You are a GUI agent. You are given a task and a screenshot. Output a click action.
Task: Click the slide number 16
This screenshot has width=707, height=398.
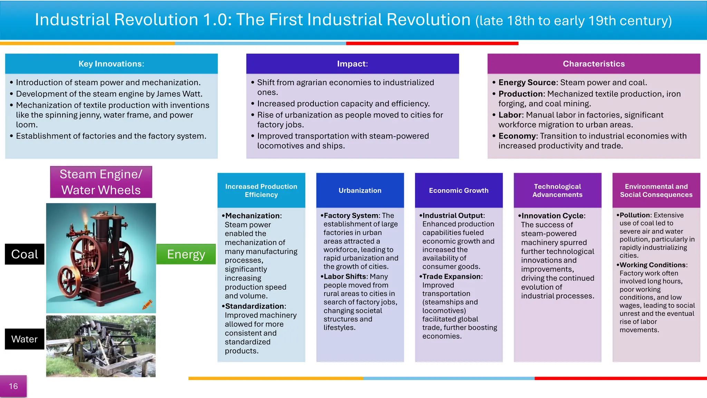(x=13, y=386)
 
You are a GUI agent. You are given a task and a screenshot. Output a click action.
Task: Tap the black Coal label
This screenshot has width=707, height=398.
(x=25, y=254)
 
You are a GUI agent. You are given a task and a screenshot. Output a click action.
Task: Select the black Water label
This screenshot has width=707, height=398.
(x=25, y=339)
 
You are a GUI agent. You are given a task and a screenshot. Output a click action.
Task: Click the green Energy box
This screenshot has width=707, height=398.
(x=186, y=254)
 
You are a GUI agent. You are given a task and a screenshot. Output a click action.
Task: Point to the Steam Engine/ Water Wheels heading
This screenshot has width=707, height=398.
(x=101, y=182)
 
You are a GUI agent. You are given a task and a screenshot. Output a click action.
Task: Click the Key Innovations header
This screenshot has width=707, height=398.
(x=111, y=64)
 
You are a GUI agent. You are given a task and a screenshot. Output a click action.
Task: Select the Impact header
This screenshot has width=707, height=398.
(x=352, y=64)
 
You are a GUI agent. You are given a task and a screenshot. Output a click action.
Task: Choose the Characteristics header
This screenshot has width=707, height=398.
(x=594, y=64)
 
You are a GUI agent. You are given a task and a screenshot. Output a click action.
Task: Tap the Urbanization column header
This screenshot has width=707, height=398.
(x=360, y=190)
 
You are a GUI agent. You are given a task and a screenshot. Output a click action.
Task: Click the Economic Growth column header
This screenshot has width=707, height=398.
(x=459, y=190)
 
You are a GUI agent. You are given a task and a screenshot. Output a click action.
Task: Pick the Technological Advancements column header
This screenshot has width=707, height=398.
(x=558, y=190)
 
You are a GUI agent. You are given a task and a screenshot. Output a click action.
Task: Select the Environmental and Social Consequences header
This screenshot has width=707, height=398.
(x=656, y=190)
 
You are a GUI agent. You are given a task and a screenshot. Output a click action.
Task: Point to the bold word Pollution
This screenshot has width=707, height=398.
(x=635, y=215)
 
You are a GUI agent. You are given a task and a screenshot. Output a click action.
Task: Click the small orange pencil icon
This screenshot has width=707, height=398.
(x=147, y=304)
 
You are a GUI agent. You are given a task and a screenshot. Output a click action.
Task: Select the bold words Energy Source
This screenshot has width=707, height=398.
(x=527, y=83)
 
